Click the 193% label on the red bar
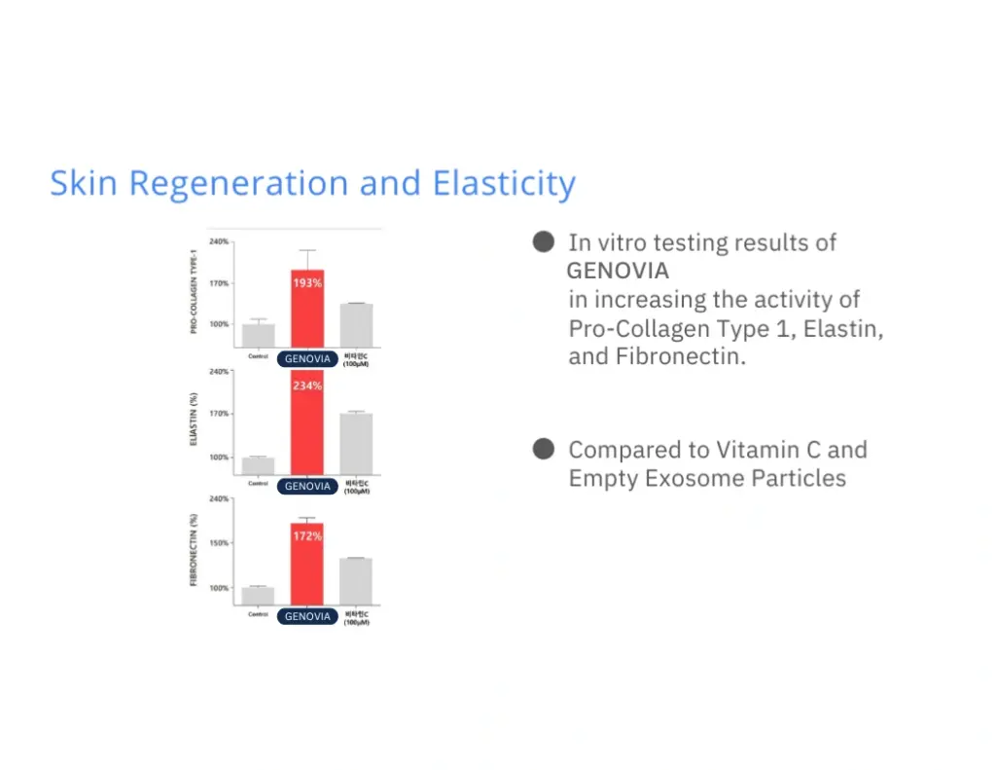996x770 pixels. coord(307,282)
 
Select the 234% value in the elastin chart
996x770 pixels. coord(307,385)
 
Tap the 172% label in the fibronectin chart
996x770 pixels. coord(307,536)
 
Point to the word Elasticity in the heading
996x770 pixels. coord(504,184)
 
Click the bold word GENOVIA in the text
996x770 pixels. coord(619,271)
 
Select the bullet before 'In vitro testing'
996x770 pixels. coord(544,241)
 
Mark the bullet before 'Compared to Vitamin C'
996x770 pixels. coord(544,449)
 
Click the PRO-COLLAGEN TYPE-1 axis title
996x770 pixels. coord(194,290)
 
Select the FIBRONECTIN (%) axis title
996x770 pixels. coord(194,551)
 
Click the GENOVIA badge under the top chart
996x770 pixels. coord(307,359)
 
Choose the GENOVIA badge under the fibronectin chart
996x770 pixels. coord(307,616)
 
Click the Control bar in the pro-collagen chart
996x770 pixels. coord(258,334)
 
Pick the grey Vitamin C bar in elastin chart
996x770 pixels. coord(356,444)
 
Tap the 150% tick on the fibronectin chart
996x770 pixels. coord(220,543)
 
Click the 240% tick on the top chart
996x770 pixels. coord(220,241)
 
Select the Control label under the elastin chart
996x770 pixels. coord(258,484)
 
